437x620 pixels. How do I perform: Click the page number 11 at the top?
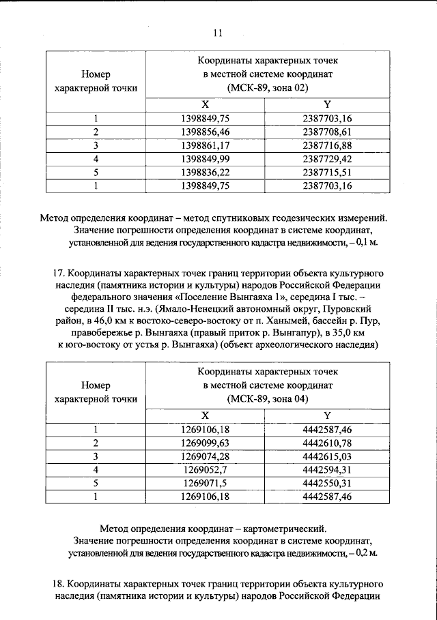[218, 31]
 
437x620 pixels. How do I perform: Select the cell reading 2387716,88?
[326, 145]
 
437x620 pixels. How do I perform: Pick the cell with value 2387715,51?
[326, 172]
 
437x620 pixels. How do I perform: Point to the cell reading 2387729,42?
[326, 158]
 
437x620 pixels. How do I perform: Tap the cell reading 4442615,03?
[326, 456]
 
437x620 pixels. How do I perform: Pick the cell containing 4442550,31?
[326, 483]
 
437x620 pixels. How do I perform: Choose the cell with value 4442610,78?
[326, 443]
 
